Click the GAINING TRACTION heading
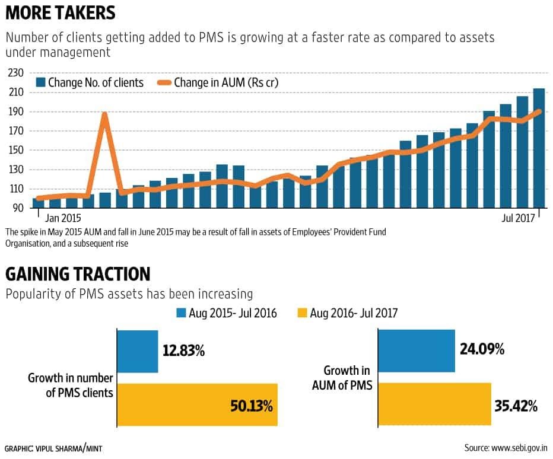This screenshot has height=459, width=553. [78, 274]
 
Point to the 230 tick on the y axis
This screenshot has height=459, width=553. [14, 73]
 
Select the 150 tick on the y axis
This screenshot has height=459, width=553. [14, 150]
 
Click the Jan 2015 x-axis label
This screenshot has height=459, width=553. [62, 218]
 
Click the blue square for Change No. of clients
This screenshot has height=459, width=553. [41, 82]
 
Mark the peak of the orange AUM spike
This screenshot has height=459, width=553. [105, 113]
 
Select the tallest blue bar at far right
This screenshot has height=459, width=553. [539, 148]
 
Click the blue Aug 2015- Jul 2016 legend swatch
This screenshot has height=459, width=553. [182, 313]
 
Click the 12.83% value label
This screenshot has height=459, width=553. [183, 351]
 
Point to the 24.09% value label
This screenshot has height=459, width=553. [482, 349]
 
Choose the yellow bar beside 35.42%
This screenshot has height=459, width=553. [434, 404]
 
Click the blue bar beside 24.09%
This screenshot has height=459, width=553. [416, 351]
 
